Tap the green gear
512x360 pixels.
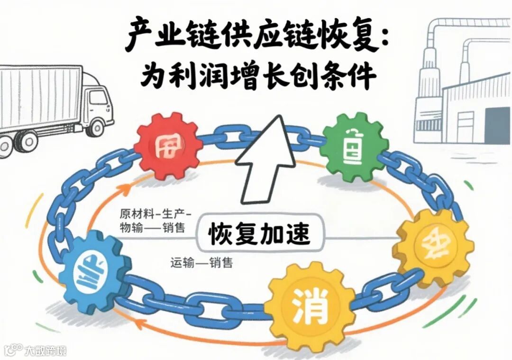pos(353,145)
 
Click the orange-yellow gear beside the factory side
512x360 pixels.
pos(433,248)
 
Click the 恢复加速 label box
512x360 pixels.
pos(258,234)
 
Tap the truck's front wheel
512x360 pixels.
pos(97,128)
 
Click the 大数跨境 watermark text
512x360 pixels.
pos(46,351)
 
